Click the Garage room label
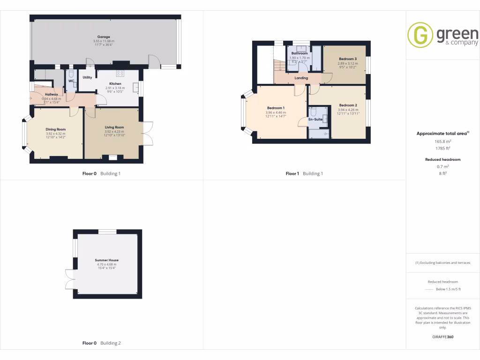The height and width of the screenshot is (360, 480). click(104, 37)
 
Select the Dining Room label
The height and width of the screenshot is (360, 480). click(55, 129)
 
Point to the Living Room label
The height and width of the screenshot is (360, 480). click(114, 127)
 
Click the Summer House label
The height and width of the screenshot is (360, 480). click(106, 260)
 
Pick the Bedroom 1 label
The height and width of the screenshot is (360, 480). click(276, 108)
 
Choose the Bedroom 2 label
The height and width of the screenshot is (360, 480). click(348, 105)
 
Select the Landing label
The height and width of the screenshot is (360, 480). click(301, 78)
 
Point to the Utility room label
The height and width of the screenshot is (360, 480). click(87, 77)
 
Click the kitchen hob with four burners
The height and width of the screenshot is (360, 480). click(120, 73)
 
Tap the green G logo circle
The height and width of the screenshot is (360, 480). click(420, 35)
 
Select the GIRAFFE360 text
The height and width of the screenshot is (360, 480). click(442, 337)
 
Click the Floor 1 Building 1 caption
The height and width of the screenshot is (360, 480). click(304, 173)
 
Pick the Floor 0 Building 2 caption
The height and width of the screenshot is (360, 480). click(101, 343)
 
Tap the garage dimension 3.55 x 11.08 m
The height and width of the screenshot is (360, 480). click(104, 41)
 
